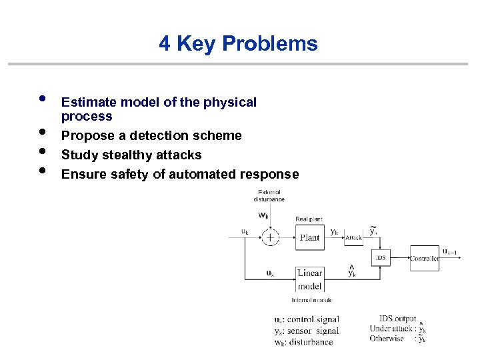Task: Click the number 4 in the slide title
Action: [x=165, y=44]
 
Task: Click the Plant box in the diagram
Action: [x=309, y=237]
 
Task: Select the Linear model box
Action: [x=309, y=279]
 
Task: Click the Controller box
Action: [x=424, y=258]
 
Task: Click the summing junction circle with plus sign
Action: [x=270, y=237]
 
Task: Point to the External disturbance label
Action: [x=269, y=195]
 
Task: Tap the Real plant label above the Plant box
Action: [x=309, y=219]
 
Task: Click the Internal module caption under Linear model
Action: [x=308, y=300]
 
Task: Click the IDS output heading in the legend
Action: [x=397, y=319]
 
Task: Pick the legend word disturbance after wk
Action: [x=311, y=342]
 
